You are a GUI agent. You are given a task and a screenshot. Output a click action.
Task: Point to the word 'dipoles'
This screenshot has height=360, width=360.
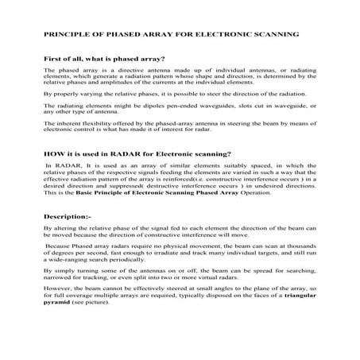129,116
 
